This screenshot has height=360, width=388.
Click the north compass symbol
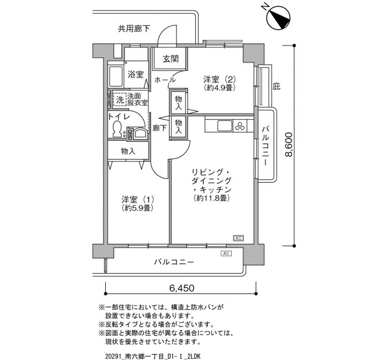click(x=279, y=17)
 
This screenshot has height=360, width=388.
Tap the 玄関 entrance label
click(x=171, y=59)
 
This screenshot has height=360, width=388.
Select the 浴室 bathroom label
click(x=136, y=74)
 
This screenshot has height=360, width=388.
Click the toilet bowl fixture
click(x=116, y=128)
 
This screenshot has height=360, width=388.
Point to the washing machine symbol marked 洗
click(x=120, y=99)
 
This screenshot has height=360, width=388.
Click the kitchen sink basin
click(x=225, y=126)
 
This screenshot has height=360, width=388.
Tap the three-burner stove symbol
click(x=240, y=126)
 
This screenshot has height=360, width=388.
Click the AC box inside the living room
click(x=238, y=238)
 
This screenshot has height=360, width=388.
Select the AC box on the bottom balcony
click(x=226, y=254)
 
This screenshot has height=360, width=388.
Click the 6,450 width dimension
click(x=182, y=288)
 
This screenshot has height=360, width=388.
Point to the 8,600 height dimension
click(x=289, y=145)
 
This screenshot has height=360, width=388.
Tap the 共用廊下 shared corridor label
click(x=134, y=29)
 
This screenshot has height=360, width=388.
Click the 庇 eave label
click(x=277, y=86)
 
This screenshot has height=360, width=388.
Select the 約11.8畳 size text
click(x=211, y=198)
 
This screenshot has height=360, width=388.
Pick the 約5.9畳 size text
click(x=137, y=208)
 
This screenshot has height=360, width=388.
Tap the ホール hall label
click(x=165, y=80)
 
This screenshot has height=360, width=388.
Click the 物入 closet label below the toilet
click(x=128, y=151)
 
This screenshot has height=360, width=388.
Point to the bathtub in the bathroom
click(x=115, y=76)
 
